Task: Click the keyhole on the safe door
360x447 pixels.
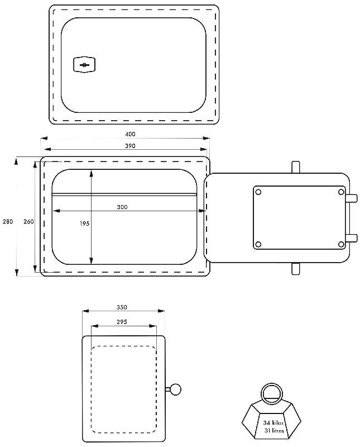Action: (x=84, y=65)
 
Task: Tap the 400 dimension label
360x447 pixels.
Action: (x=130, y=134)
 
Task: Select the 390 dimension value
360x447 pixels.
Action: (x=130, y=146)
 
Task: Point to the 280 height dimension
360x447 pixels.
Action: (x=8, y=221)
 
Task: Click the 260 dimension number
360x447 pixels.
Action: (x=28, y=221)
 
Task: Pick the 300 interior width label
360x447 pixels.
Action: (x=122, y=207)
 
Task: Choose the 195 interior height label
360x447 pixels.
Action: (x=84, y=224)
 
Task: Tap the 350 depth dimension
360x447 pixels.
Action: (x=122, y=307)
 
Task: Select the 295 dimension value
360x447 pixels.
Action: (x=122, y=322)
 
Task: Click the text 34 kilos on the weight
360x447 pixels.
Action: (x=273, y=423)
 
